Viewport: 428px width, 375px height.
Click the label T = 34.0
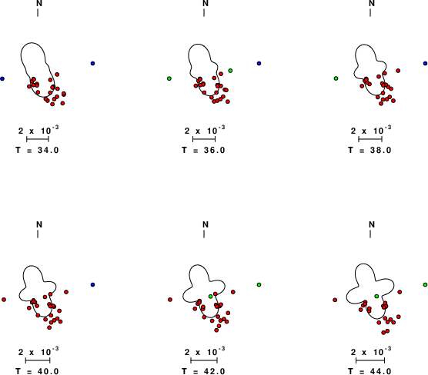coord(37,150)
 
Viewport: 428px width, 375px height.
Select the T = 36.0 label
coord(204,150)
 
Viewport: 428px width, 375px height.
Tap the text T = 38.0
coord(369,150)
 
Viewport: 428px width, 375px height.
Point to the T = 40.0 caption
coord(37,371)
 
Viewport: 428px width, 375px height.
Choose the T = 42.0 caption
coord(204,371)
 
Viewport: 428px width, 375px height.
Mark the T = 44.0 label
coord(369,371)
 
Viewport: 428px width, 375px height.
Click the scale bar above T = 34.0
coord(38,139)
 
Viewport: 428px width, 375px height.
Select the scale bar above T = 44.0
coord(370,360)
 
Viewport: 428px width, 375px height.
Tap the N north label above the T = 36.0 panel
coord(206,3)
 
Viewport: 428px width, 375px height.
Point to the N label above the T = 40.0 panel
coord(39,224)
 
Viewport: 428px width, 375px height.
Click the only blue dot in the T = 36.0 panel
coord(259,64)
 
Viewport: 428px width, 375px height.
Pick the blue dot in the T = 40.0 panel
coord(93,285)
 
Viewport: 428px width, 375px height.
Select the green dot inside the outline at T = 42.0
coord(210,297)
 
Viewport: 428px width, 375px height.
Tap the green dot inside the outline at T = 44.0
coord(376,297)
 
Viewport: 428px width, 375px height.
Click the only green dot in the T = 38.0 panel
coord(336,78)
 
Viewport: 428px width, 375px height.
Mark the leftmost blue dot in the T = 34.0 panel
coord(2,78)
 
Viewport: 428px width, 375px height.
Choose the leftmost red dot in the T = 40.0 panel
coord(4,300)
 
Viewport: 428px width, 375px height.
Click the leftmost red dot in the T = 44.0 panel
coord(335,300)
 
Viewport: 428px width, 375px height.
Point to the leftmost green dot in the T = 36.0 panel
coord(169,78)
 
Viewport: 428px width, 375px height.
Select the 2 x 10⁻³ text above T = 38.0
coord(371,131)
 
